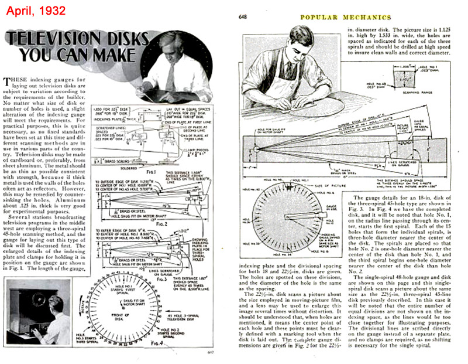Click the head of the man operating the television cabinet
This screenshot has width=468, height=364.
52,305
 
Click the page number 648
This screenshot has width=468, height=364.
243,16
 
